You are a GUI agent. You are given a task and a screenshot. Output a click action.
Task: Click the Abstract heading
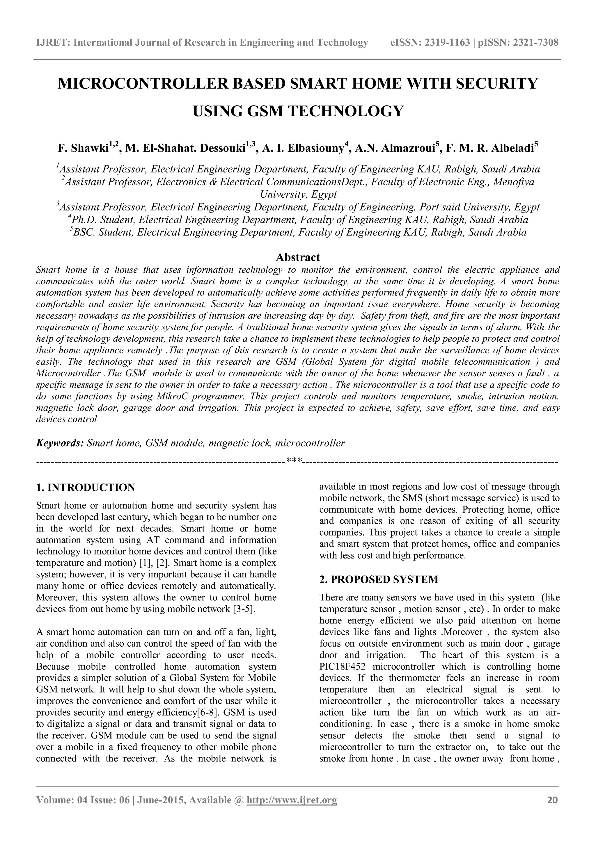point(298,257)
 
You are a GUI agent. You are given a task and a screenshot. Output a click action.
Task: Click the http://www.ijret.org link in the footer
point(292,800)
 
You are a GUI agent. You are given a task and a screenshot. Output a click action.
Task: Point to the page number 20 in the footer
point(552,800)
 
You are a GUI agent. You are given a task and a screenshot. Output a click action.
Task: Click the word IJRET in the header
point(53,43)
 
